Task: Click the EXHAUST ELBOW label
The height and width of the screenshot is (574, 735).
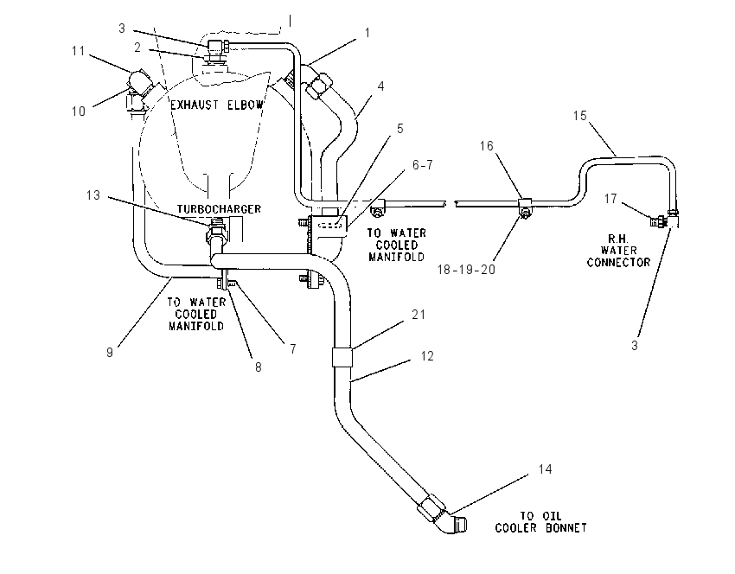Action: (216, 105)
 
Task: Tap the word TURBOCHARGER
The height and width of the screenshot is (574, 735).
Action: (219, 209)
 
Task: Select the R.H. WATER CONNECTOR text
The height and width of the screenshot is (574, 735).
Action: (619, 251)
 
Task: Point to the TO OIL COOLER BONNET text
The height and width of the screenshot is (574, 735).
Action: (541, 522)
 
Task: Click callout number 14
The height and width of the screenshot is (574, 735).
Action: (545, 469)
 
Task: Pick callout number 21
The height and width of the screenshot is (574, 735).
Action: (419, 315)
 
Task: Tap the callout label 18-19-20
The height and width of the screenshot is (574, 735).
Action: (466, 270)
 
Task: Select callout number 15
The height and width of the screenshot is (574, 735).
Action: (580, 116)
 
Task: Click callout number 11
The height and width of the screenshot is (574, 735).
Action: (79, 51)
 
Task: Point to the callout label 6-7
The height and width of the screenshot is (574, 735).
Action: (423, 165)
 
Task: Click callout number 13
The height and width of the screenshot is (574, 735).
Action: (93, 195)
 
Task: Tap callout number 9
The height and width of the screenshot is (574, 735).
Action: (110, 353)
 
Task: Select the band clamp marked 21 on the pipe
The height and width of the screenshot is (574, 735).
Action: (342, 358)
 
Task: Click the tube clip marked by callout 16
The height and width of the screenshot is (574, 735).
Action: (525, 205)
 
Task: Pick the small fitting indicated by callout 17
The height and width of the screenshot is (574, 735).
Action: (658, 220)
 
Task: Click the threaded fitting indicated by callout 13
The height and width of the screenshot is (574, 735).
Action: (216, 230)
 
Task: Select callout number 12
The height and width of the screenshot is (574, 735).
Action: (427, 356)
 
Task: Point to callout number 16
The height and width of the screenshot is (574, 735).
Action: (487, 146)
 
